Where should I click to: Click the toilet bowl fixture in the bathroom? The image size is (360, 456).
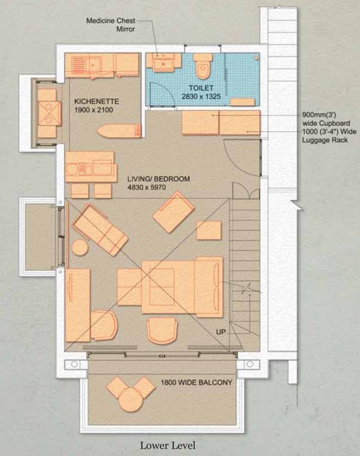pos(204,67)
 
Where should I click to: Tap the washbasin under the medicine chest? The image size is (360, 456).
pos(160,62)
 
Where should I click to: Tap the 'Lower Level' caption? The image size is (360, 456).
pos(167,445)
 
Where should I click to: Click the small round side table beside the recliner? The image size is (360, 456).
pos(79,247)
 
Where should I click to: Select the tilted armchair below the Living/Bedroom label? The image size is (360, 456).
pos(173,212)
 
